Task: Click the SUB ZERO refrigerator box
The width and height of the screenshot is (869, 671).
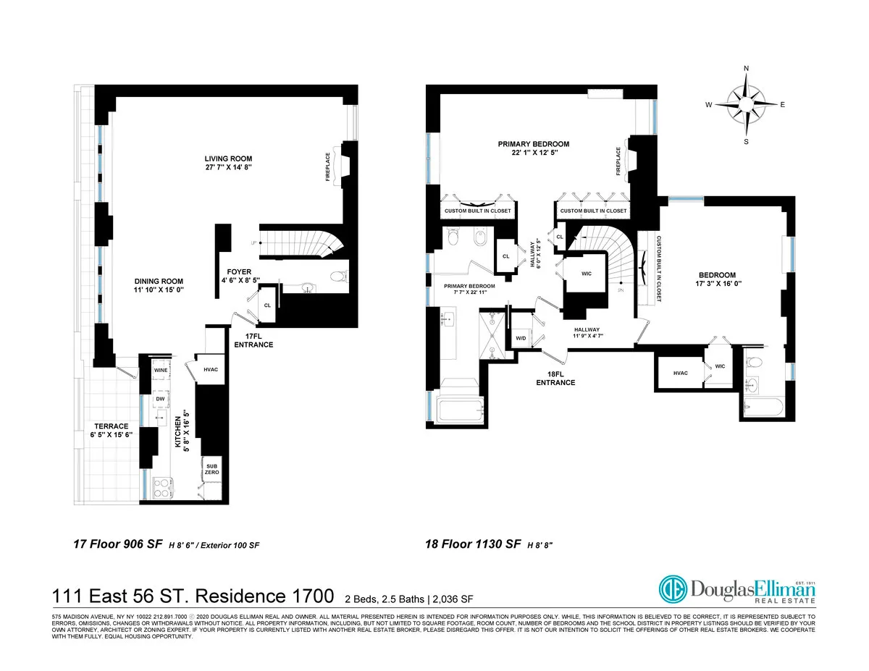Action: pos(211,468)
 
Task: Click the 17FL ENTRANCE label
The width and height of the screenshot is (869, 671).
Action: pos(253,340)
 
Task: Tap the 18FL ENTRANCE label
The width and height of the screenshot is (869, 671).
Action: pos(555,378)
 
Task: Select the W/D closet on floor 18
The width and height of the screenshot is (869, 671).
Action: pos(521,338)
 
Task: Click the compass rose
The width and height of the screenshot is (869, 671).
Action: pos(746,104)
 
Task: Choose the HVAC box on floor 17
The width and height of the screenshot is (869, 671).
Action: pos(211,369)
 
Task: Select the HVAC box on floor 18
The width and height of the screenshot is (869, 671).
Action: pos(680,373)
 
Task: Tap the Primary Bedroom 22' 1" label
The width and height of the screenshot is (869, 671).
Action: pos(533,148)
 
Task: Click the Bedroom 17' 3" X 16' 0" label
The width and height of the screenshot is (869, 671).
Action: pos(717,279)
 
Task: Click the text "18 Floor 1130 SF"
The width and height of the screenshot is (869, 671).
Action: pos(473,544)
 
